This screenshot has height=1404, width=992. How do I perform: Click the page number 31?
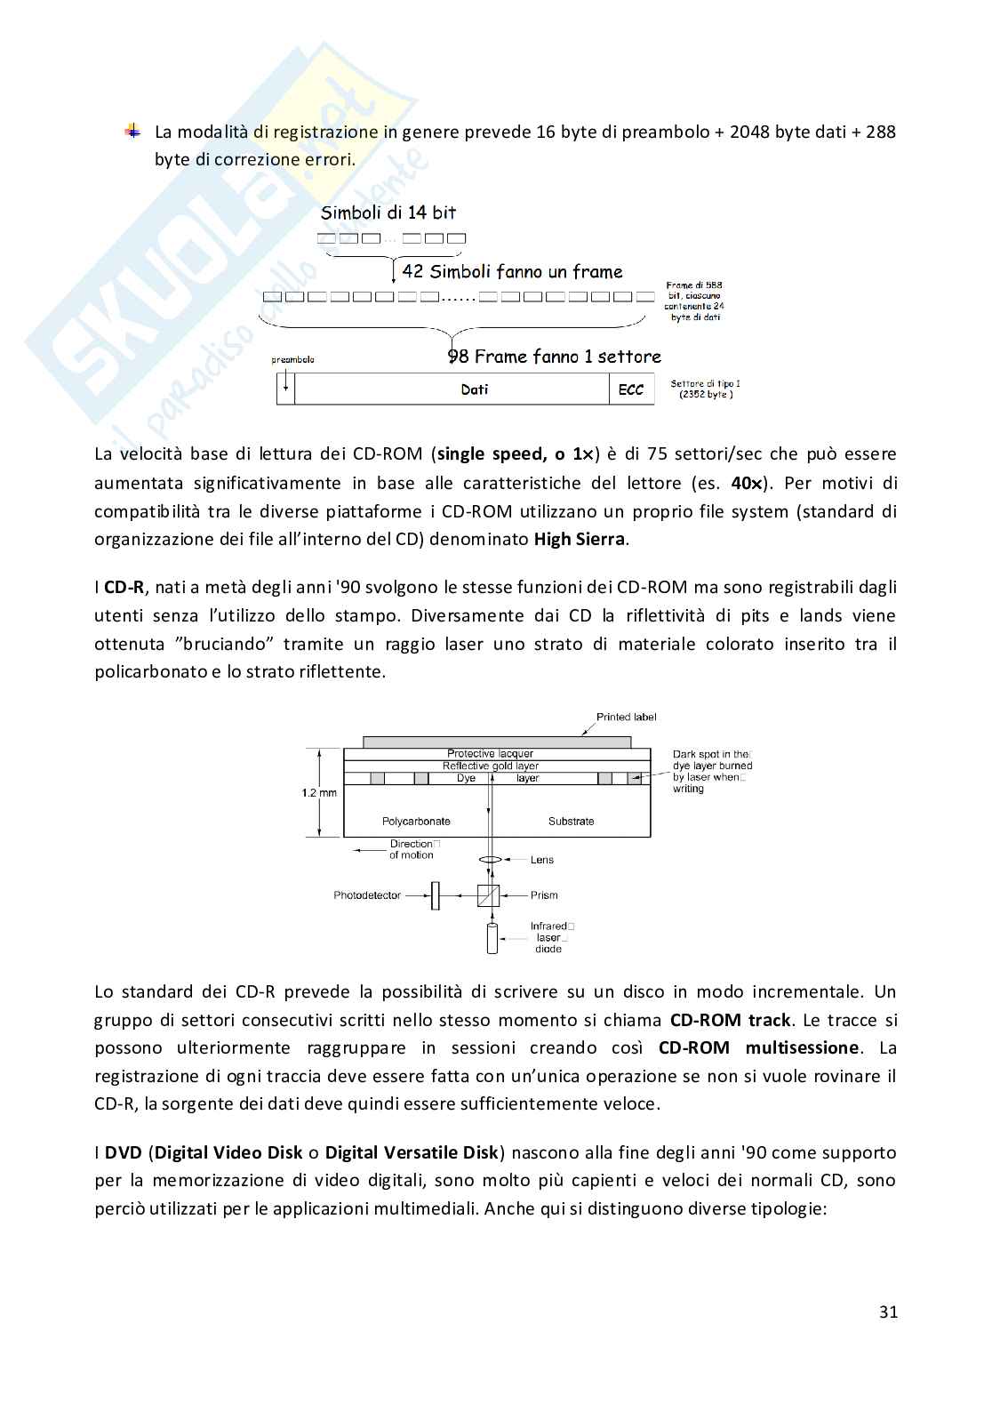(x=888, y=1312)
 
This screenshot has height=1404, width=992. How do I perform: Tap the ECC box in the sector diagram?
(x=630, y=389)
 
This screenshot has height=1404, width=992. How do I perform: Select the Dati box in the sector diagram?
(x=475, y=389)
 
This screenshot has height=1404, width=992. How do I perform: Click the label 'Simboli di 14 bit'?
(x=388, y=213)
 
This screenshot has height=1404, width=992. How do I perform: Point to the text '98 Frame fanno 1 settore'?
(x=555, y=357)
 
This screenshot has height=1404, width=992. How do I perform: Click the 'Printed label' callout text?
(x=626, y=717)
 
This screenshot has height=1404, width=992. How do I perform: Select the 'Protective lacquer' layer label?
(x=490, y=754)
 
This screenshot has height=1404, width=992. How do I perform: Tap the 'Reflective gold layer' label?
(x=490, y=766)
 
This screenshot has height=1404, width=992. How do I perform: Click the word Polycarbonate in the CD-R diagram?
(x=416, y=822)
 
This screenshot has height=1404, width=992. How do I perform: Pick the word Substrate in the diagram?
(x=571, y=822)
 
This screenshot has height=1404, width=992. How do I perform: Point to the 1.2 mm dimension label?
(x=318, y=792)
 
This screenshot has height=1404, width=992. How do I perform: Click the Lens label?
(x=542, y=860)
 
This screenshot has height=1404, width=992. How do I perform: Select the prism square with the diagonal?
(x=488, y=895)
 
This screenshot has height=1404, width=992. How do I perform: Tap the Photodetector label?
(x=367, y=895)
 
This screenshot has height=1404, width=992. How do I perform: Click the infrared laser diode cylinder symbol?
(x=492, y=939)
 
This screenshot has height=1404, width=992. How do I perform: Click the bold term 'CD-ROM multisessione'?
(x=758, y=1047)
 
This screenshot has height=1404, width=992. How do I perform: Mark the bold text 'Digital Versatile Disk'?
(x=412, y=1152)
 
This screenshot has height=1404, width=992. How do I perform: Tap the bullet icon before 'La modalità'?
(x=132, y=131)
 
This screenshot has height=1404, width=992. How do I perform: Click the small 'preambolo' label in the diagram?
(x=292, y=360)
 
